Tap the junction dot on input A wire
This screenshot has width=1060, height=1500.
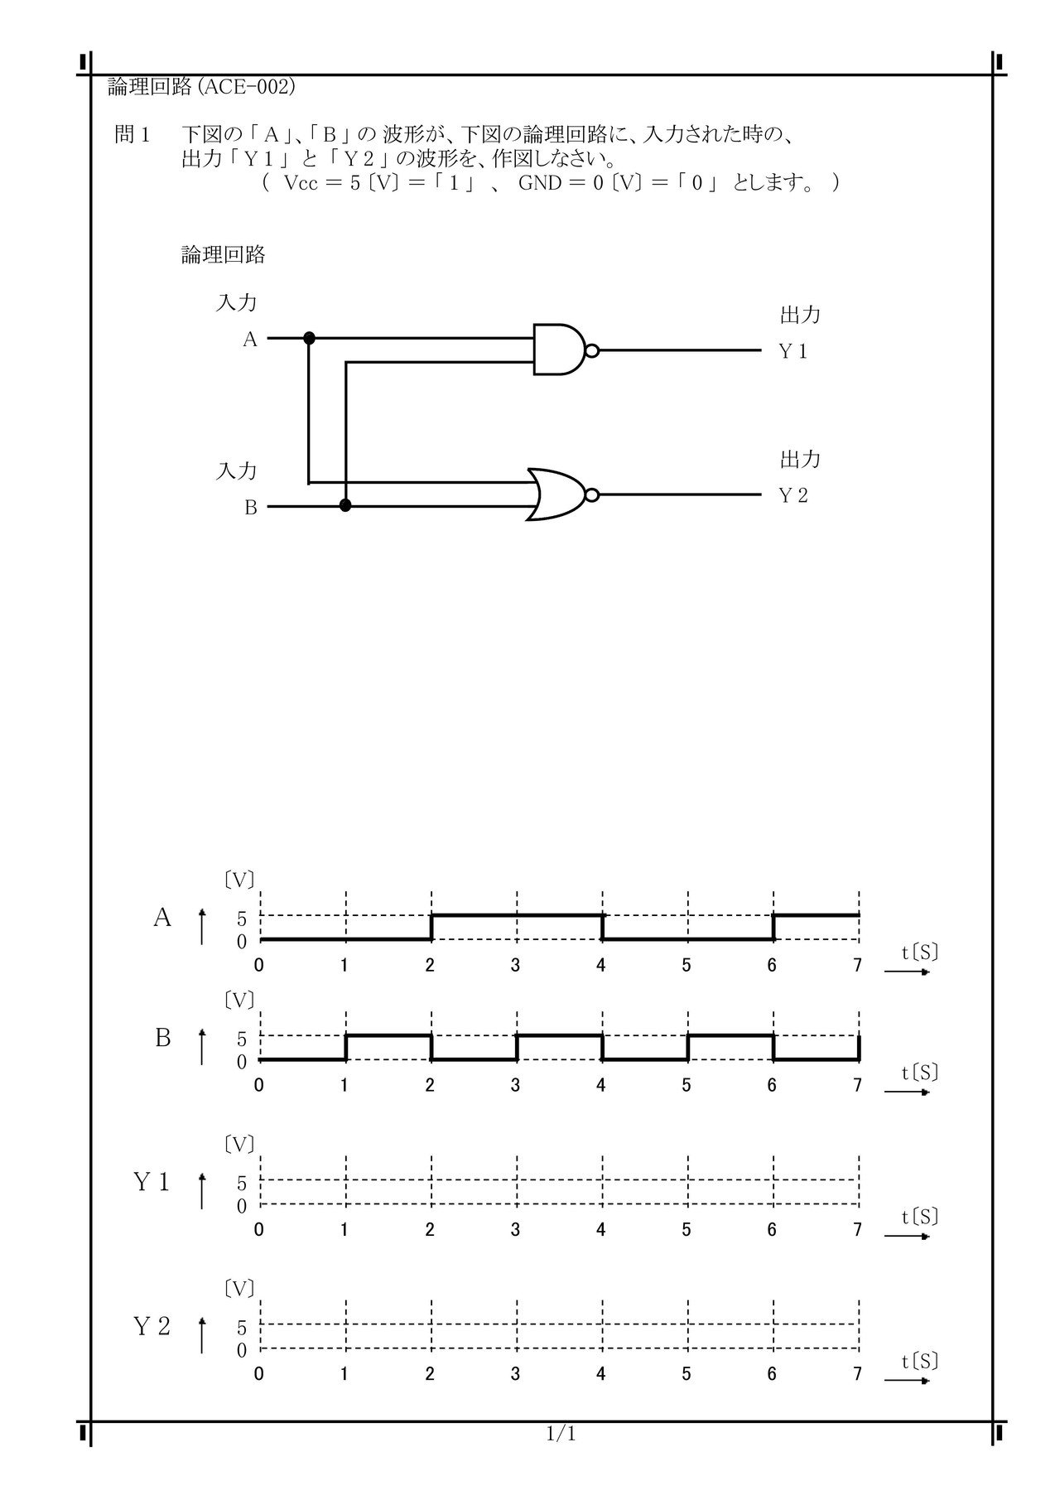click(309, 338)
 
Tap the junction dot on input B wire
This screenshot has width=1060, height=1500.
click(345, 506)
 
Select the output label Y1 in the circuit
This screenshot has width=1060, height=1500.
click(793, 352)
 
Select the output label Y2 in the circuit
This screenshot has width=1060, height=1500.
click(793, 496)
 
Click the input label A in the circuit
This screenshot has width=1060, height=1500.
click(250, 340)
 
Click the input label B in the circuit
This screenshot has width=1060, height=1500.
click(251, 508)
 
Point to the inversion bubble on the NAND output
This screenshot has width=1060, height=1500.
click(591, 350)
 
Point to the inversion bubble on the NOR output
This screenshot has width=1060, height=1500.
click(591, 495)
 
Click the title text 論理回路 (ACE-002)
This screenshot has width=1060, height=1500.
click(201, 87)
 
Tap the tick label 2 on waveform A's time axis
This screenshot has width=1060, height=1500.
click(430, 965)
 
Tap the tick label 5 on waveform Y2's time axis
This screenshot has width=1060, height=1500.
click(687, 1374)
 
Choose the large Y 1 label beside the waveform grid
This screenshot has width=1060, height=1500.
click(152, 1183)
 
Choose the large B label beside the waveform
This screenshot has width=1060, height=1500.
click(162, 1038)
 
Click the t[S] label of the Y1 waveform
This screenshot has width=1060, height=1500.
click(920, 1217)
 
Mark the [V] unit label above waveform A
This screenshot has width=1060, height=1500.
click(239, 879)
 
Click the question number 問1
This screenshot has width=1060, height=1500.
click(130, 135)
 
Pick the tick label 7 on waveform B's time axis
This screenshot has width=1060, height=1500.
click(857, 1085)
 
